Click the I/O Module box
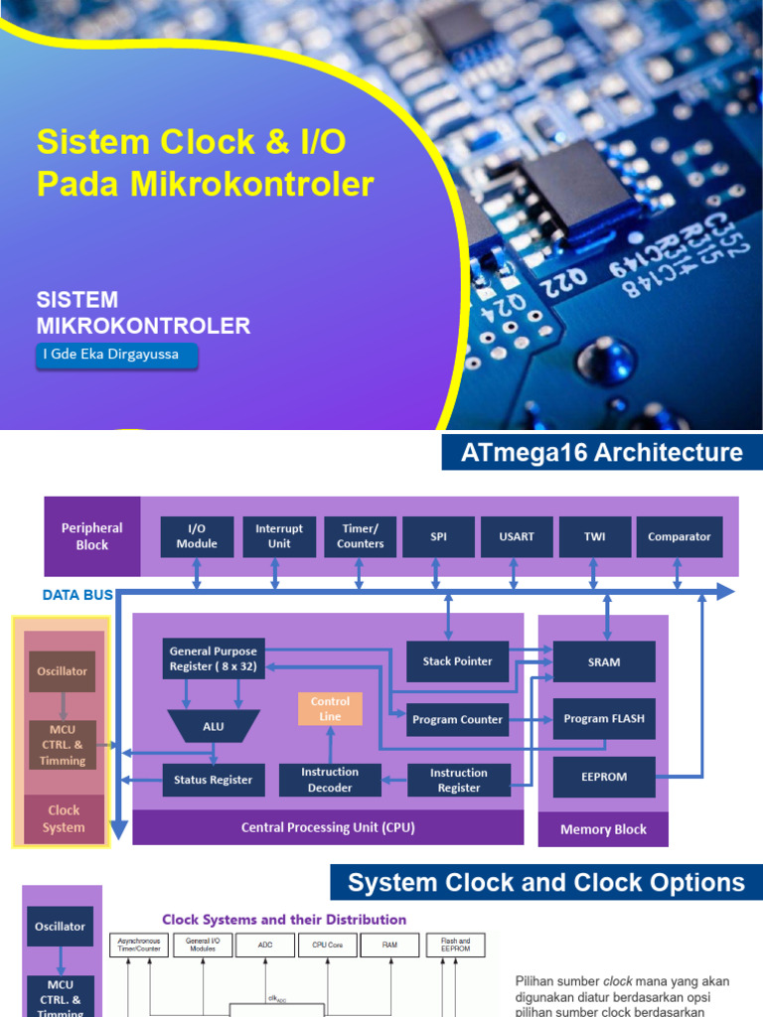(x=197, y=536)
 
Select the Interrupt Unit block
(x=279, y=536)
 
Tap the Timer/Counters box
(x=360, y=536)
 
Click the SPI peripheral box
(x=438, y=536)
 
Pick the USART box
(x=516, y=536)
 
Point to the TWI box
(x=593, y=536)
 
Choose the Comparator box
(x=679, y=536)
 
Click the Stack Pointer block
(x=458, y=661)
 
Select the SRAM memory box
(x=604, y=661)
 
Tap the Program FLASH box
(x=604, y=719)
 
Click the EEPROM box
(x=604, y=778)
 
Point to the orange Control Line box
(x=330, y=708)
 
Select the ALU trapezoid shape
(x=214, y=726)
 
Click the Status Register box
(x=214, y=780)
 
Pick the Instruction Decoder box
(x=330, y=780)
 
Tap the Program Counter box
(x=458, y=720)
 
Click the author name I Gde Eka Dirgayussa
(x=117, y=355)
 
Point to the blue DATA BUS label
(x=77, y=596)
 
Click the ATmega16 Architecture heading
(x=602, y=453)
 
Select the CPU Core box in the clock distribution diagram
(x=327, y=944)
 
